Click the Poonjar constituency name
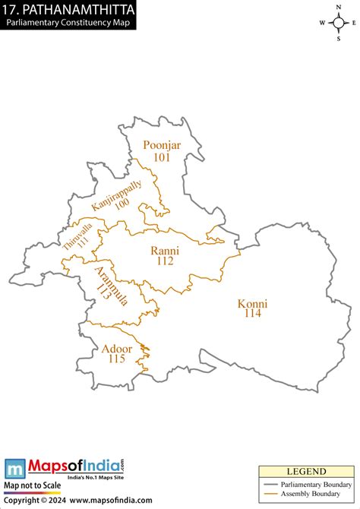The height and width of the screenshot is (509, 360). coord(162,145)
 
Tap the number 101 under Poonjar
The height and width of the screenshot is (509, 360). coord(162,157)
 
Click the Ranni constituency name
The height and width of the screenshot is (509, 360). coord(165,250)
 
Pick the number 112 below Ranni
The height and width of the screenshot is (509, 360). coord(165,261)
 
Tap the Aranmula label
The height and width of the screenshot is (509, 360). coord(111,286)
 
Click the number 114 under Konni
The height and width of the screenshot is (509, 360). coord(253,314)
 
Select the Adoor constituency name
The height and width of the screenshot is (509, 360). coord(116,349)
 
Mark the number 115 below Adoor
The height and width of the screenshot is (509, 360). coord(116,359)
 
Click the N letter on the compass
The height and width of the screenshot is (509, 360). coord(337,6)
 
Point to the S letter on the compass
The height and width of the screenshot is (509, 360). coord(337,38)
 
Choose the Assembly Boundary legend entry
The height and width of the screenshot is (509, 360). coord(311,494)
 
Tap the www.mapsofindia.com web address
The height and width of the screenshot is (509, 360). coord(110,501)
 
